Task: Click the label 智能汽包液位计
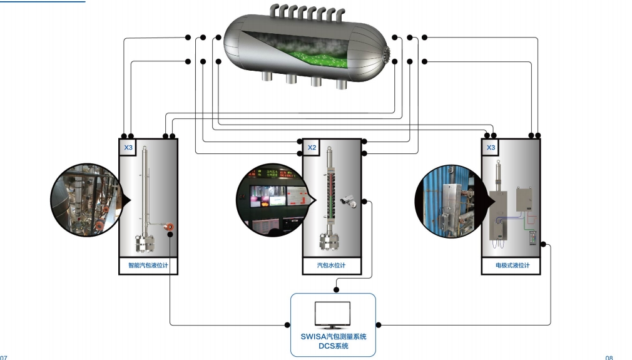(x=148, y=265)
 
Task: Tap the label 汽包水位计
(x=332, y=265)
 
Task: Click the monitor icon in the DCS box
(x=332, y=316)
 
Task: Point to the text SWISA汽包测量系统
(x=333, y=337)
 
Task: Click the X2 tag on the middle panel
(x=312, y=148)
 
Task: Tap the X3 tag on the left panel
(x=128, y=148)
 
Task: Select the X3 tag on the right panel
(x=491, y=148)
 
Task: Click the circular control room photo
(x=270, y=200)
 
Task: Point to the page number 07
(x=4, y=357)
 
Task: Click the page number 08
(x=609, y=357)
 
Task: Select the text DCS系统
(x=333, y=346)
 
